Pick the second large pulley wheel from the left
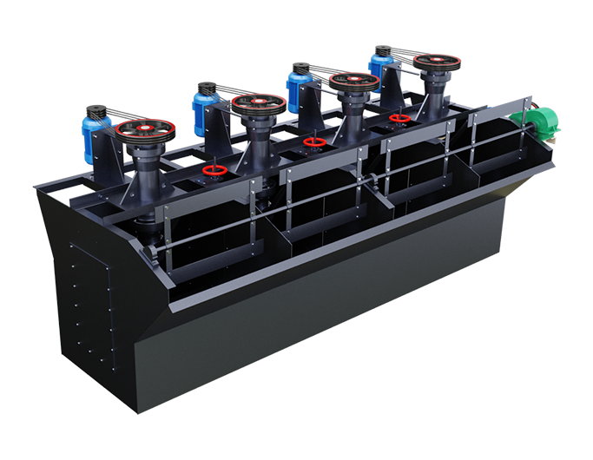coord(259,105)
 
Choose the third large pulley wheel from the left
coord(353,82)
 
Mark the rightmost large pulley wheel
coord(434,62)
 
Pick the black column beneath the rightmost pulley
coord(432,95)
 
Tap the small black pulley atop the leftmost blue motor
coord(96,111)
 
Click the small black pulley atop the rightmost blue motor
coord(382,50)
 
